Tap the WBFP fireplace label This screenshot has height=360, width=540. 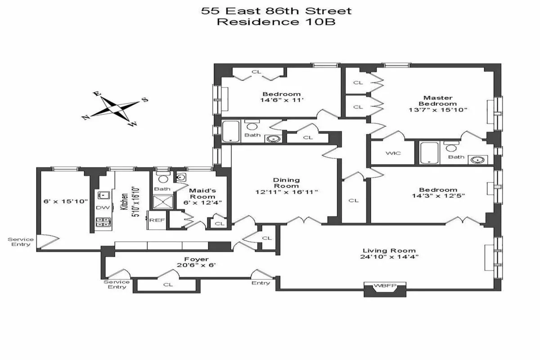[385, 285]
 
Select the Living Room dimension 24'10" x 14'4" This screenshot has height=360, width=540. [390, 257]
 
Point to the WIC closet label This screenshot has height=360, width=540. [393, 153]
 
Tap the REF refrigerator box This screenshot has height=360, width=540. [157, 220]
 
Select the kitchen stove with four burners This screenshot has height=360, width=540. [102, 221]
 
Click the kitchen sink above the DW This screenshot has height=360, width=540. [103, 195]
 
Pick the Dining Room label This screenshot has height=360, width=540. [286, 183]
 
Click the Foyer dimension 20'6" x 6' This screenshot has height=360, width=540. [197, 265]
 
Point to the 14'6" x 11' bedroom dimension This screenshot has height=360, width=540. [283, 100]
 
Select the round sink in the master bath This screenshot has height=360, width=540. [477, 159]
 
